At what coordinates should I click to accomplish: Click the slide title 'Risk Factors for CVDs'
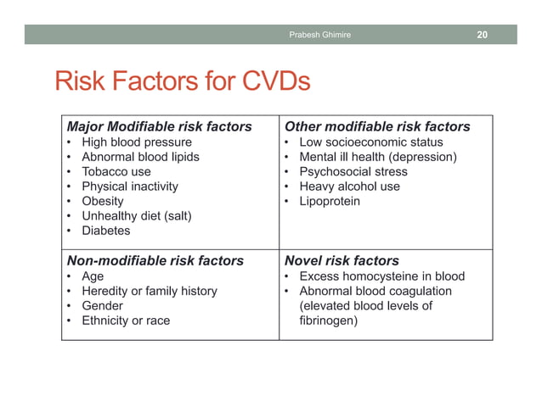coord(182,81)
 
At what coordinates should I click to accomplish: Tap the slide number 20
coord(482,35)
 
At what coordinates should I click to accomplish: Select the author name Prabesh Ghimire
coord(319,35)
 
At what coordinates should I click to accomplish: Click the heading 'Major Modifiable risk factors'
coord(159,126)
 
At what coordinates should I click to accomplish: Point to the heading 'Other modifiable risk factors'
coord(377,126)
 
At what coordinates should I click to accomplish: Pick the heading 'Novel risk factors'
coord(342,260)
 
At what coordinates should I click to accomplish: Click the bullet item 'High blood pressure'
coord(136,142)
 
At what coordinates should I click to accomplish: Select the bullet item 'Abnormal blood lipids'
coord(140,157)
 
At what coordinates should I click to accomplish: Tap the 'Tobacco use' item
coord(116,171)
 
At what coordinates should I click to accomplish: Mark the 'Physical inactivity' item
coord(129,187)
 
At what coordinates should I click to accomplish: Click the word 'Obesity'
coord(102,201)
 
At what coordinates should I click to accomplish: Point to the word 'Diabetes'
coord(105,231)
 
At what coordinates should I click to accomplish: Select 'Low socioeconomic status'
coord(371,142)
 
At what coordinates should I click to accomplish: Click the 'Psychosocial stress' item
coord(353,171)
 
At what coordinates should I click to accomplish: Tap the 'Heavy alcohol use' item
coord(349,187)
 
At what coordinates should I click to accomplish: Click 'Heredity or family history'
coord(149,291)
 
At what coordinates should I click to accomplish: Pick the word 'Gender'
coord(102,305)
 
